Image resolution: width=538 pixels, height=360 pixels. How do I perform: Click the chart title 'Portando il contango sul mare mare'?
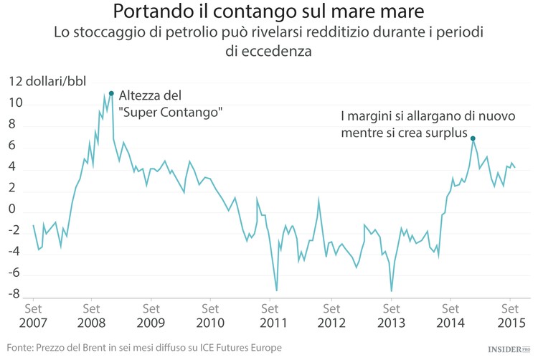[x=269, y=12]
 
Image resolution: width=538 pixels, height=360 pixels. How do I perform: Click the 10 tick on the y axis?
[x=16, y=104]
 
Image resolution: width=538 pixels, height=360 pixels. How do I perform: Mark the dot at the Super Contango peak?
[x=111, y=93]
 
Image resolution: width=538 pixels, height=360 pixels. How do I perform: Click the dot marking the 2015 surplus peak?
[x=473, y=138]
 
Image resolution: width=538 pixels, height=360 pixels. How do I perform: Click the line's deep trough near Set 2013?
[x=391, y=290]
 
